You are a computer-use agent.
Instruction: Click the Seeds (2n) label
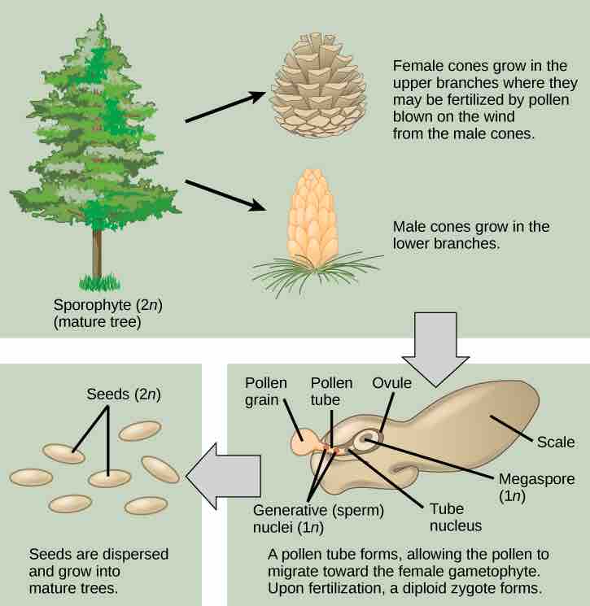[x=125, y=394]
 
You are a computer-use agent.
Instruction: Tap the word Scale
[x=556, y=443]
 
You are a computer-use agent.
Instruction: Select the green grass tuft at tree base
[x=98, y=284]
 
